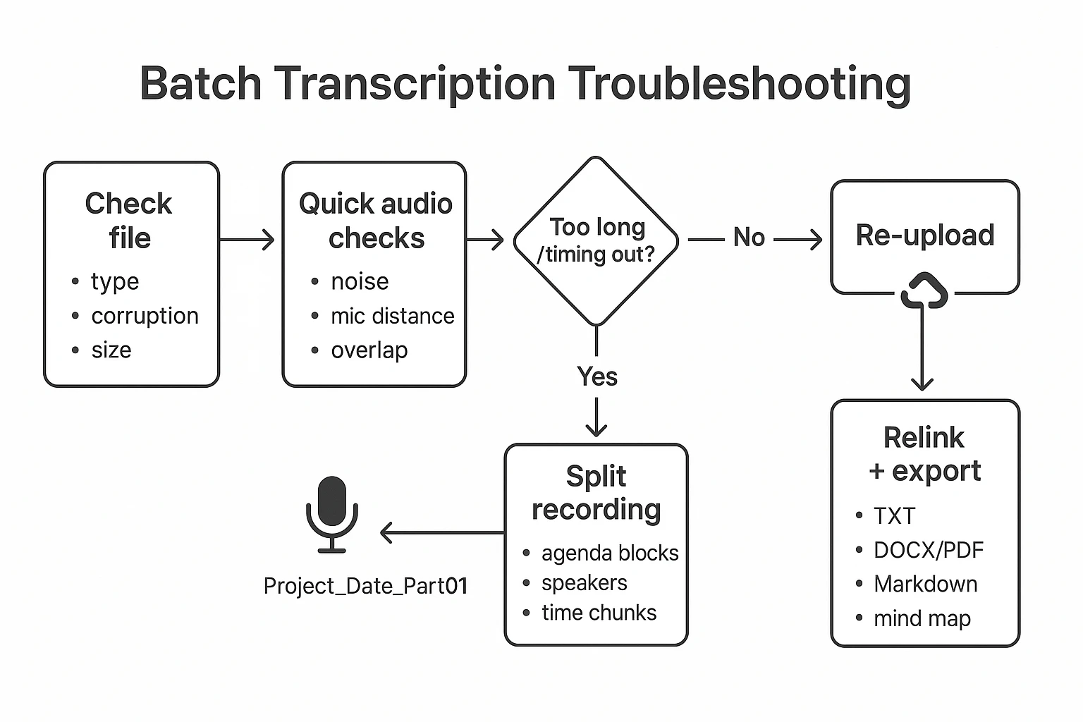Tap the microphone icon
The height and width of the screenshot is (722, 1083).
coord(332,514)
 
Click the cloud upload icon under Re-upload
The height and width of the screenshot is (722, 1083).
coord(924,291)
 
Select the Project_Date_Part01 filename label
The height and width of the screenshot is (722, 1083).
coord(365,586)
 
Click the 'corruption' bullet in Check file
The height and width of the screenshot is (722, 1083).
coord(145,316)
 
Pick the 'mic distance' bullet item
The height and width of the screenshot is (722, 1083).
coord(392,316)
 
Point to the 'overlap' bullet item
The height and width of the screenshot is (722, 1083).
coord(369,350)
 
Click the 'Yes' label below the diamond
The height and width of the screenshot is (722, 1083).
coord(596,377)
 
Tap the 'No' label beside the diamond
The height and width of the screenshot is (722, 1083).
coord(748,238)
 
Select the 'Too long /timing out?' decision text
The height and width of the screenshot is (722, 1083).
coord(596,240)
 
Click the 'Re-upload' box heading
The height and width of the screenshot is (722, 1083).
coord(924,235)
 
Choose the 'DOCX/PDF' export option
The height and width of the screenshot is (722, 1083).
coord(928,550)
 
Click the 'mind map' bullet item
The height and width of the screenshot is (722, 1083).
coord(922,618)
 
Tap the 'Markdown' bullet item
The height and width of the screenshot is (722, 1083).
coord(925,584)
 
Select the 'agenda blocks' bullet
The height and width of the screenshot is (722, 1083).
coord(609,553)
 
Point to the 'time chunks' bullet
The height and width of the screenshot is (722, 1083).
coord(599,613)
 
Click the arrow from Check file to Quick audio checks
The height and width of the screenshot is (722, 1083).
coord(247,240)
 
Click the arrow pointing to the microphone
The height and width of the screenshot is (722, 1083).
coord(441,532)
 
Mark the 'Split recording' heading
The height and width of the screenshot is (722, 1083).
coord(596,493)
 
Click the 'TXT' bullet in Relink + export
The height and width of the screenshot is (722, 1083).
coord(894,516)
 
